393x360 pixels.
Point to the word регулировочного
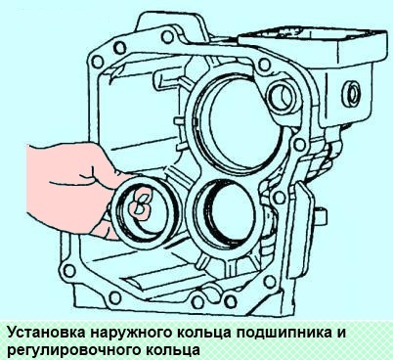65,347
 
